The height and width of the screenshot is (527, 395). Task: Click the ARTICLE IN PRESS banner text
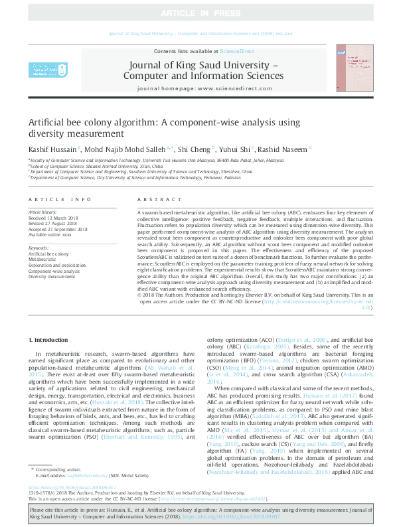point(197,13)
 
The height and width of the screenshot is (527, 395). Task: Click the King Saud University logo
point(46,70)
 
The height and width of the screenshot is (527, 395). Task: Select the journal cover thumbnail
point(350,68)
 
